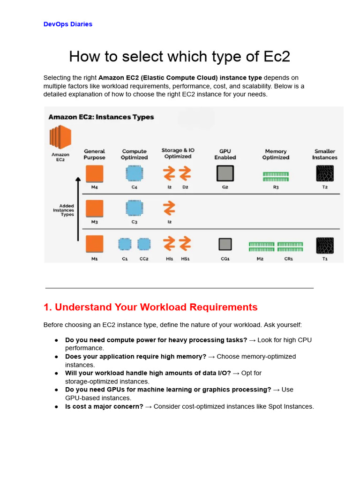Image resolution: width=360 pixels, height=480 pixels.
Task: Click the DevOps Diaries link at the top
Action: point(67,24)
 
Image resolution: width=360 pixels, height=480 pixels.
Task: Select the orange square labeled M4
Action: point(95,173)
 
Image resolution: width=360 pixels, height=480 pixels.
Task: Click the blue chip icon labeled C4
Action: point(135,173)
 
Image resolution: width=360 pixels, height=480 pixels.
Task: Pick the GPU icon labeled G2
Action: point(225,173)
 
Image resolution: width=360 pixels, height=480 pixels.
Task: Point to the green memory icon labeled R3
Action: point(276,176)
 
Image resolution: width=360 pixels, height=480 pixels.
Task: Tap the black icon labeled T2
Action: point(325,173)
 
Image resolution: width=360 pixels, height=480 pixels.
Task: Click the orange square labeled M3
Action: point(95,208)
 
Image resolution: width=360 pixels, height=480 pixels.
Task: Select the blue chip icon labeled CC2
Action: point(144,244)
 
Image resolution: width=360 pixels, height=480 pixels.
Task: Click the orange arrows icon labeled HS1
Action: point(185,243)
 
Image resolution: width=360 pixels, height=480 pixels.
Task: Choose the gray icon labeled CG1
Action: point(225,244)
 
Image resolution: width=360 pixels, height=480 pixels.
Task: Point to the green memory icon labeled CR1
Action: point(290,247)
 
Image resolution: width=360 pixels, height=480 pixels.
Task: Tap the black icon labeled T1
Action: point(325,245)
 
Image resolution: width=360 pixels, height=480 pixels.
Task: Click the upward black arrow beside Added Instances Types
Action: point(78,209)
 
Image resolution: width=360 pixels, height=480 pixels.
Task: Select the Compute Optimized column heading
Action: point(135,154)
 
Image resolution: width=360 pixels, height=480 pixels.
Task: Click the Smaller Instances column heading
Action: point(325,154)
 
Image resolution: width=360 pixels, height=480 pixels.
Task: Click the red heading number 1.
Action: point(47,307)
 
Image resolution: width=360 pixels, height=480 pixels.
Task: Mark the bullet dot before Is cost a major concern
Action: point(56,406)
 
